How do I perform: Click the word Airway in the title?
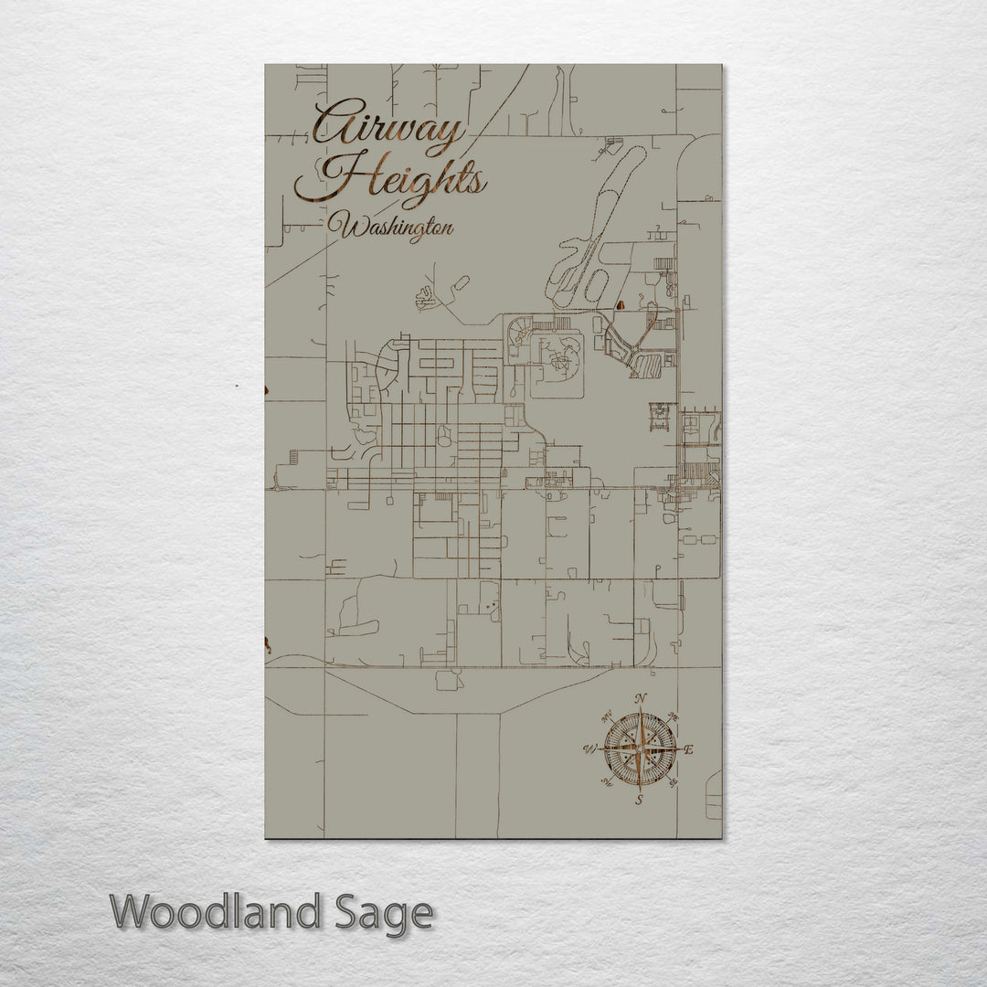point(388,128)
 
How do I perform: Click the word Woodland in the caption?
point(216,912)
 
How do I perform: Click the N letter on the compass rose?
point(641,699)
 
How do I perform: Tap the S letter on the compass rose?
point(640,800)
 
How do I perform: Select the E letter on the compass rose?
point(689,750)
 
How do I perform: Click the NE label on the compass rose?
point(674,716)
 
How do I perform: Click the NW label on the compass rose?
point(606,716)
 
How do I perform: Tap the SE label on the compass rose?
point(674,783)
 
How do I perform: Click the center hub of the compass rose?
point(640,749)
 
